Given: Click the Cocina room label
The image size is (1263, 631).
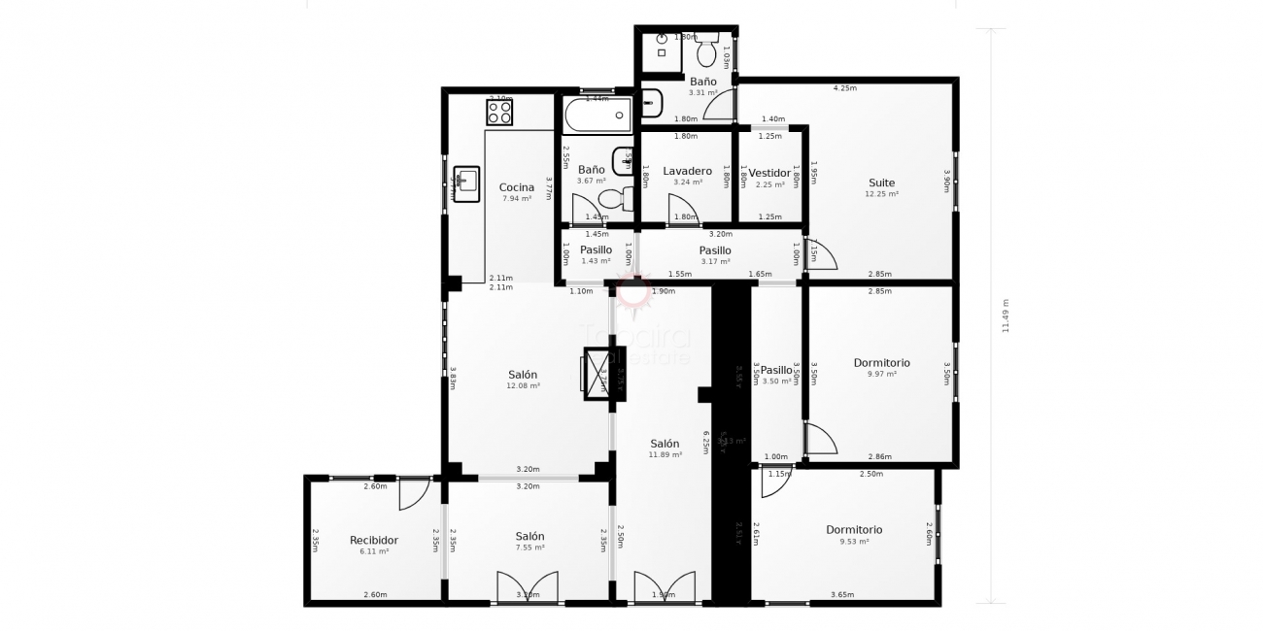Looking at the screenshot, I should coord(516,187).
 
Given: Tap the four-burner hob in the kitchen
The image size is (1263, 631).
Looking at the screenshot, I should coord(499,113).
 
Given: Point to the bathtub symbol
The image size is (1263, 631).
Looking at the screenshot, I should coord(597,115).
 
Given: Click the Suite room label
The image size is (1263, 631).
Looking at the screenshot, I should coord(881,183).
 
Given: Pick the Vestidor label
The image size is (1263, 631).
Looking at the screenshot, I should coord(769,173).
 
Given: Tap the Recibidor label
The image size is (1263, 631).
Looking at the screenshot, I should coord(374,540).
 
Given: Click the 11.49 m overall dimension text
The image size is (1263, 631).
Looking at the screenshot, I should coord(1005,315).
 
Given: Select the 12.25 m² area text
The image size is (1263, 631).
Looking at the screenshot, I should coord(881,194).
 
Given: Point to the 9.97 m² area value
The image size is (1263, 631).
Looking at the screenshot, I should coord(881,374).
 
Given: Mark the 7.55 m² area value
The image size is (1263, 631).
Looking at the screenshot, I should coord(529,548).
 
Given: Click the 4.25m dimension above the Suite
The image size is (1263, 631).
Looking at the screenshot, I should coord(844,88).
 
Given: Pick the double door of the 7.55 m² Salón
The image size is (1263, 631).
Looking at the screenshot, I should coord(528,588).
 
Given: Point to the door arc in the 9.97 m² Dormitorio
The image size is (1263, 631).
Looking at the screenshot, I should coord(820,439).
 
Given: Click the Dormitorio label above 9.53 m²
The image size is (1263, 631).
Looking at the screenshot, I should coord(854,530).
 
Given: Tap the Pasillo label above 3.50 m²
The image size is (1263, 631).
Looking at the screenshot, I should coord(776,370).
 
